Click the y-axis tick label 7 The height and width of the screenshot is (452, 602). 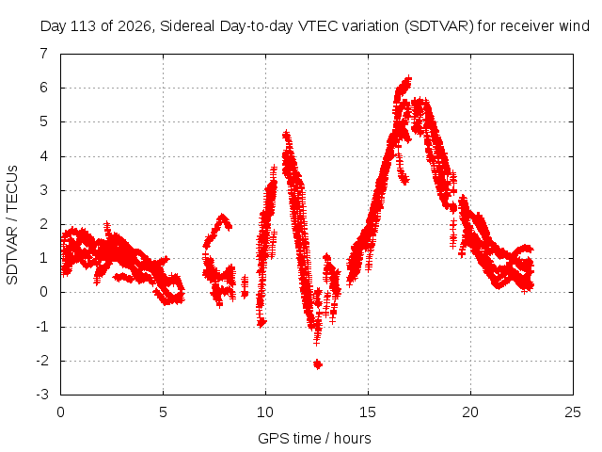click(x=44, y=53)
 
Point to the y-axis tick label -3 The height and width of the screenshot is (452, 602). click(x=42, y=395)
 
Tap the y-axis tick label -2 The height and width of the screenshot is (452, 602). click(x=42, y=361)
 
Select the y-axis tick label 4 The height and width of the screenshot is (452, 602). click(x=44, y=156)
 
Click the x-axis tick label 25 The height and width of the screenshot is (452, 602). click(x=573, y=412)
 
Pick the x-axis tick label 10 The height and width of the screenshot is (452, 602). click(x=265, y=412)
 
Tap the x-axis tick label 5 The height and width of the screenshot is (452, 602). click(x=163, y=412)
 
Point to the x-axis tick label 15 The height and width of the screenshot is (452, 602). click(x=368, y=412)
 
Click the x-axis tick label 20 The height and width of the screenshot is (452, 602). click(x=470, y=412)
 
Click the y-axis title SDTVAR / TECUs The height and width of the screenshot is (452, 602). click(x=12, y=225)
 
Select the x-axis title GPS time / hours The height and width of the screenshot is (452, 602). click(x=314, y=438)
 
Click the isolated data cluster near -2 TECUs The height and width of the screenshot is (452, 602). click(x=318, y=364)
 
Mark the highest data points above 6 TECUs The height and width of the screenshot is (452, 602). click(x=404, y=86)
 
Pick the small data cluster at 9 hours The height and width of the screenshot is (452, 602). click(x=245, y=286)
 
